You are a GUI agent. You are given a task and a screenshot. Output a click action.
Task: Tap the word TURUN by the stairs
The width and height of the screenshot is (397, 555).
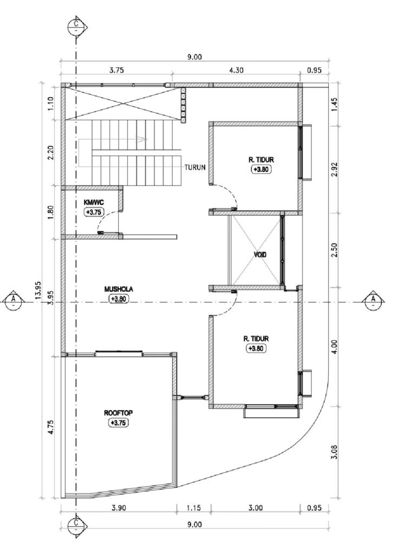point(194,167)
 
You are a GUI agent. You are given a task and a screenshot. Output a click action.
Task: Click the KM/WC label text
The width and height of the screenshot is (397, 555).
point(94,202)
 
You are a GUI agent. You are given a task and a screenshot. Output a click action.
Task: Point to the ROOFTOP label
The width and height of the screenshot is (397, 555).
point(118,413)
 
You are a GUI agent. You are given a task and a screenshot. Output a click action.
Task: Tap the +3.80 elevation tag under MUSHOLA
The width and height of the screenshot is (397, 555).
point(119,299)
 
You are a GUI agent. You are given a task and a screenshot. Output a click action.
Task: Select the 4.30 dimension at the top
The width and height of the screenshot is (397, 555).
point(237,69)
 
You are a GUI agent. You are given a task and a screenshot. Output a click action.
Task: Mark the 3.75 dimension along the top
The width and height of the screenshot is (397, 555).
point(116,69)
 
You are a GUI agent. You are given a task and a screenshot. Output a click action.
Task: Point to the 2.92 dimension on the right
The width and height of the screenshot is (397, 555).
point(334,168)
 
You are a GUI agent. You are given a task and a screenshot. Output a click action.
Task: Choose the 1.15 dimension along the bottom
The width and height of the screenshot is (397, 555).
point(194,508)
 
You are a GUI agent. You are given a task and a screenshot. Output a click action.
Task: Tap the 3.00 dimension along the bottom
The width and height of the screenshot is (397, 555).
point(256,508)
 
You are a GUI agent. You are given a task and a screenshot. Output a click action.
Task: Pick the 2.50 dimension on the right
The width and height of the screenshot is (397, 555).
point(334,250)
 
